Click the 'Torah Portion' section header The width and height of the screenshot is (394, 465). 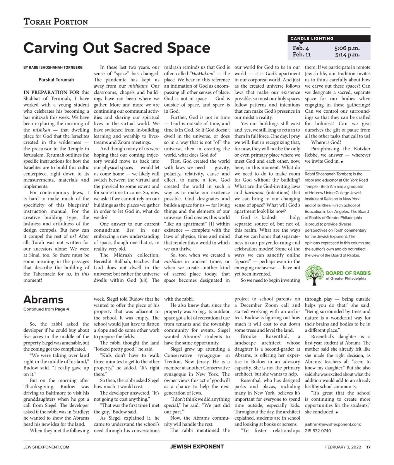(56, 22)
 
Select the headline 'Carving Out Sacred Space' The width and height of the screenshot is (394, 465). (117, 48)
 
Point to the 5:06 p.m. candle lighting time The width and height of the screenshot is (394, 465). (347, 48)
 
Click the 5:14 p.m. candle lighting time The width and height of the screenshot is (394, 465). (347, 55)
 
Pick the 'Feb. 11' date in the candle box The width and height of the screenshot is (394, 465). (302, 55)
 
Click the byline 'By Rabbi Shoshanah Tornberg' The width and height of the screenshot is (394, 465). (53, 67)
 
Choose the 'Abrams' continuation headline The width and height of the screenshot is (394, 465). (43, 300)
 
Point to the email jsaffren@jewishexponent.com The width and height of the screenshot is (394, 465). (333, 424)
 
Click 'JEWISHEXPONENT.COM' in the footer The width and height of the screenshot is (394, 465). (46, 447)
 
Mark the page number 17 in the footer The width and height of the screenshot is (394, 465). (369, 447)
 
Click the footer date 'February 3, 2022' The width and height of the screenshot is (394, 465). (343, 447)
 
